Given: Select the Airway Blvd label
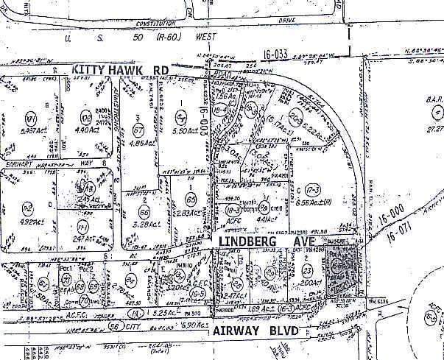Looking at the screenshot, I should (255, 332).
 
